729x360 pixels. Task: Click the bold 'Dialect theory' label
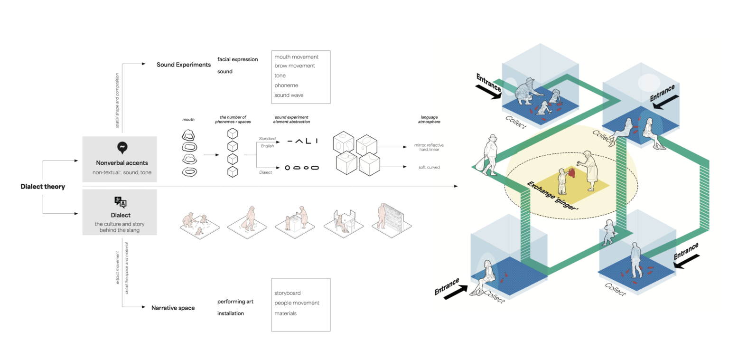click(x=43, y=187)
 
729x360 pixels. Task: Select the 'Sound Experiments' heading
click(x=184, y=65)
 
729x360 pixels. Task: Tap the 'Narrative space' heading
click(x=173, y=308)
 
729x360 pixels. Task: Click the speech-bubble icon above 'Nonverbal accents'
click(x=122, y=148)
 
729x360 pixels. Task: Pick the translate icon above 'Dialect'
click(x=120, y=202)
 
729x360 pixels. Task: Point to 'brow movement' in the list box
click(x=294, y=66)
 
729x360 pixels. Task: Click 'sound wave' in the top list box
click(x=289, y=95)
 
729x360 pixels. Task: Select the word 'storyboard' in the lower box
click(x=287, y=293)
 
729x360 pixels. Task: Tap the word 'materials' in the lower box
click(x=285, y=313)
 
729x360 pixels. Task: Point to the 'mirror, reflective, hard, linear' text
click(x=429, y=147)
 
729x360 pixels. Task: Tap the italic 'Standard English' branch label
click(x=267, y=142)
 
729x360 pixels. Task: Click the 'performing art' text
click(x=235, y=302)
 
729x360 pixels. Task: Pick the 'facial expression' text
click(x=238, y=59)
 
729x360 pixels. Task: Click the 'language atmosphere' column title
click(x=429, y=119)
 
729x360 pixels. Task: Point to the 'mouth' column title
click(x=188, y=120)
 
